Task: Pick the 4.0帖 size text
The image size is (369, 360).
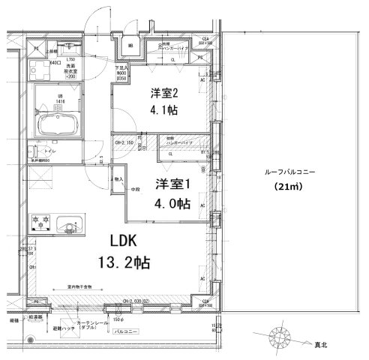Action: point(173,204)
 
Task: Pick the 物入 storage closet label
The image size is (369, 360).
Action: point(118,179)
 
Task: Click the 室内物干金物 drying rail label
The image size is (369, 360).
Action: point(78,286)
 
